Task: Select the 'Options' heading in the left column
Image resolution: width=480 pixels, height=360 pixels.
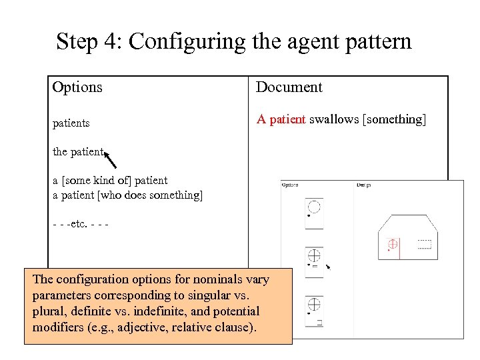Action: click(x=77, y=87)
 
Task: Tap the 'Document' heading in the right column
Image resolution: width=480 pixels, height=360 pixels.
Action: click(x=289, y=87)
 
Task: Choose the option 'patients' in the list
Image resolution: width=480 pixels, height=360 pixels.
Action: click(x=71, y=123)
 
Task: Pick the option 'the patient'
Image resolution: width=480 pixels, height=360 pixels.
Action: click(x=78, y=152)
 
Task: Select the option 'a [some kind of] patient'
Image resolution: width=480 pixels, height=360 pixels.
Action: click(x=110, y=180)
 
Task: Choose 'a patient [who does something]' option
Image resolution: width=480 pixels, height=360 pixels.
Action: click(x=127, y=195)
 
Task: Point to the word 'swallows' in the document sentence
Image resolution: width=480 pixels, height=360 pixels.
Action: click(x=333, y=119)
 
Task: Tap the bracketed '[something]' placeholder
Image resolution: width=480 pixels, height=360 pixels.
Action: click(x=393, y=119)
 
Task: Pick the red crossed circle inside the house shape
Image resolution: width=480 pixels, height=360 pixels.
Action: click(x=393, y=245)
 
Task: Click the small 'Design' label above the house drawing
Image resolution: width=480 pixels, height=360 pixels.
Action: click(x=364, y=185)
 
